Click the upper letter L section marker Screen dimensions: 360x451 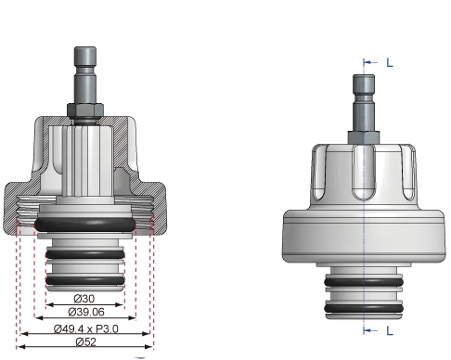(389, 62)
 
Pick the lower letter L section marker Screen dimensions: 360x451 (389, 328)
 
